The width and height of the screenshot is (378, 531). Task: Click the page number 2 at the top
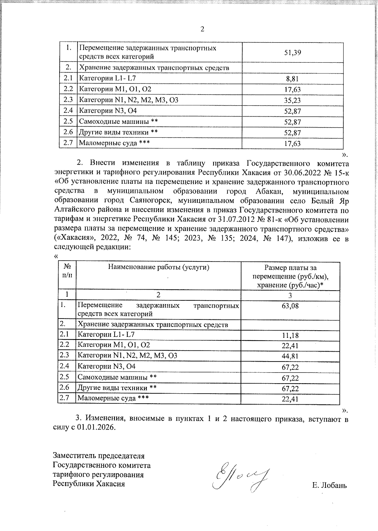202,29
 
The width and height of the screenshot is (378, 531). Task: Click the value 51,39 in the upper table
293,52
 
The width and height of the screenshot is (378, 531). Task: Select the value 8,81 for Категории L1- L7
292,79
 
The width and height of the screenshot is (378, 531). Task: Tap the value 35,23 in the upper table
292,100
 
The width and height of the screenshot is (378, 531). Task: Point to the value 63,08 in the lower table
290,306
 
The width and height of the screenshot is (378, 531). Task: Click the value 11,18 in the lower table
290,335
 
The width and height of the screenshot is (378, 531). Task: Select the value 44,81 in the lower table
290,356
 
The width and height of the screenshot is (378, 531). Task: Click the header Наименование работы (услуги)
159,267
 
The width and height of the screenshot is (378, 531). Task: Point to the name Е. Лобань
329,485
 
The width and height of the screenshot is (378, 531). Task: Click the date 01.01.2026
96,428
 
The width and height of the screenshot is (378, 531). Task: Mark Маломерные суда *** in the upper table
114,143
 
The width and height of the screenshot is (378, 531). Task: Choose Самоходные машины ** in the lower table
117,377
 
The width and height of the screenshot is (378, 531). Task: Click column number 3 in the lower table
290,296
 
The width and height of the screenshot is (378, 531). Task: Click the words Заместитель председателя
99,456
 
